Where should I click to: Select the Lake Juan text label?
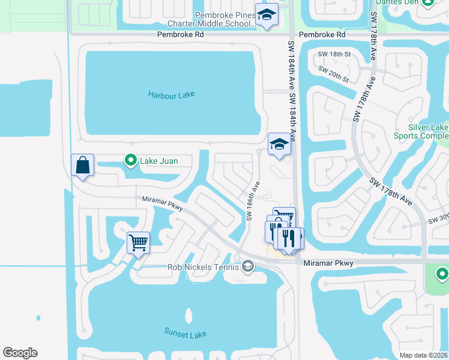click(159, 161)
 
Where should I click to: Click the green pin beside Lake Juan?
click(130, 160)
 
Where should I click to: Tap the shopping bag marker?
click(82, 165)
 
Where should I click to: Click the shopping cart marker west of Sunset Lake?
click(138, 243)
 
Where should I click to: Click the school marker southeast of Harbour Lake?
click(279, 144)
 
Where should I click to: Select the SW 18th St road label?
click(334, 54)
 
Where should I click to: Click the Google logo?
click(20, 353)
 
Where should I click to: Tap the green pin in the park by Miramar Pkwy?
click(442, 275)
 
